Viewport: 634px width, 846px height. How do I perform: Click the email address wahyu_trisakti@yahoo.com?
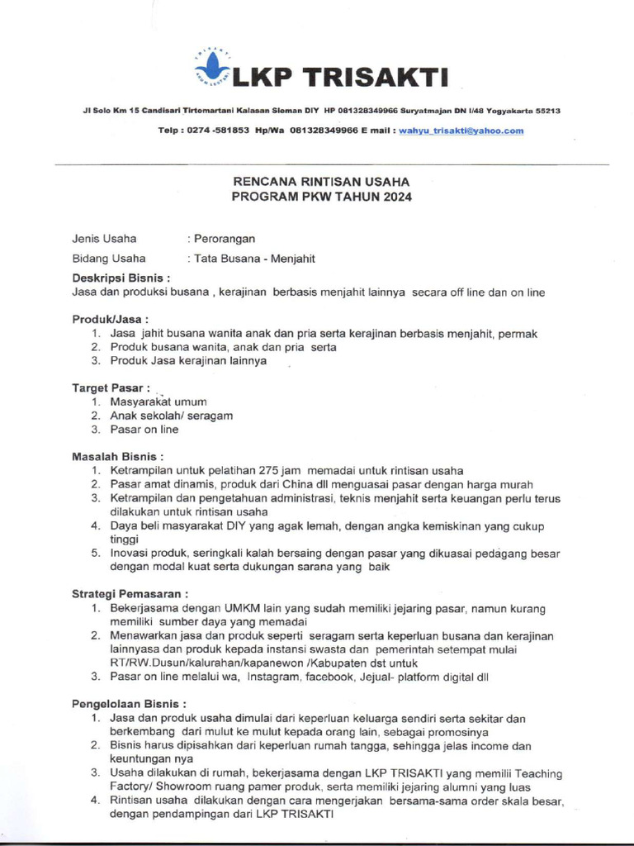point(461,131)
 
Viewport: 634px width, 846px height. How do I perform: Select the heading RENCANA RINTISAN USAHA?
point(320,182)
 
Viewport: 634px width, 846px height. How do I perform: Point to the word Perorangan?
point(225,239)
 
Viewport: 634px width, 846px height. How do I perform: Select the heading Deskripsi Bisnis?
point(121,278)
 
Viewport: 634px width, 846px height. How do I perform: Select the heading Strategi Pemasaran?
point(130,593)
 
